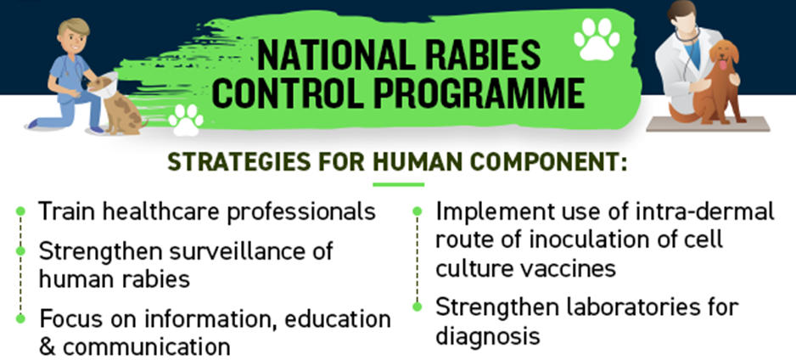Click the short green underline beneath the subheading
(x=399, y=184)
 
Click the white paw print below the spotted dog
(x=186, y=121)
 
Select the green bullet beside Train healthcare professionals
(x=20, y=211)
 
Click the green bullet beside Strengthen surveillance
(x=20, y=250)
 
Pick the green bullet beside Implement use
(x=418, y=211)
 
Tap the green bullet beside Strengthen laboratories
(x=418, y=307)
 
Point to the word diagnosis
(x=487, y=336)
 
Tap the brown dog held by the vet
(x=715, y=84)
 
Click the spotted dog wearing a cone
(x=116, y=104)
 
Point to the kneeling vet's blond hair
(x=74, y=28)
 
